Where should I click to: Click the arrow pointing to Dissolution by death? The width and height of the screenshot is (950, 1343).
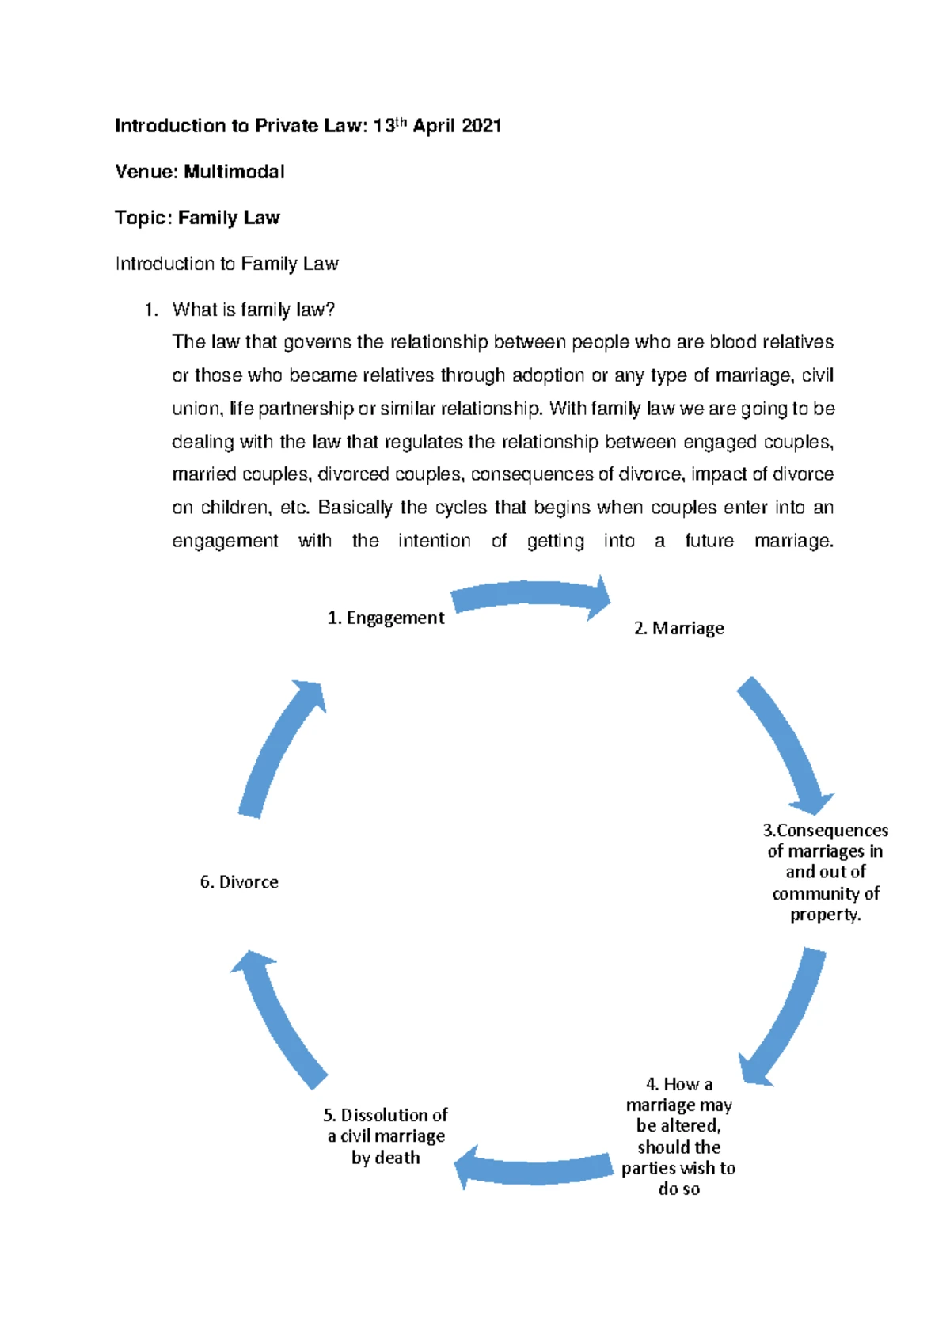pos(534,1169)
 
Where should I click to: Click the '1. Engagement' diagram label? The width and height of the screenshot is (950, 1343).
pos(386,618)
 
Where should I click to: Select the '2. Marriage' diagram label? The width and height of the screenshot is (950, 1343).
pos(678,629)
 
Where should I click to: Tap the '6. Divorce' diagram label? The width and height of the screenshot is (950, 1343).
pos(239,882)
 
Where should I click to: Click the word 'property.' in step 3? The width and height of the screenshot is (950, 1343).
pos(825,915)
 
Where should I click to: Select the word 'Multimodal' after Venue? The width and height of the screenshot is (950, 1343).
pos(234,172)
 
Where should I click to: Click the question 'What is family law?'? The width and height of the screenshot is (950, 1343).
pos(253,310)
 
